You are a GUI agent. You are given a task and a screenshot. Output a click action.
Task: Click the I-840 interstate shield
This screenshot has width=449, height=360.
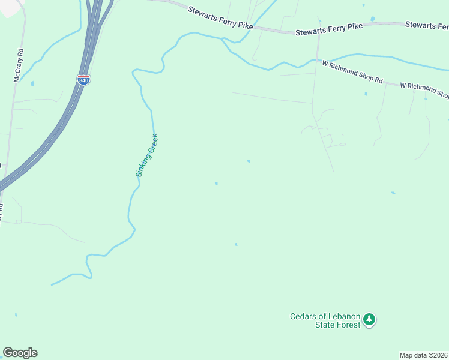[84, 79]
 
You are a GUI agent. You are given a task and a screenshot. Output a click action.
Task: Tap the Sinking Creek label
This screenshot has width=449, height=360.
[146, 155]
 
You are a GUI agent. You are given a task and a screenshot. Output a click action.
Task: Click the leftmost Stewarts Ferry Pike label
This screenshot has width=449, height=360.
[220, 18]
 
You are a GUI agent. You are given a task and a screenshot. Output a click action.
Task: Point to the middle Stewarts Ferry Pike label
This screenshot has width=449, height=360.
[330, 28]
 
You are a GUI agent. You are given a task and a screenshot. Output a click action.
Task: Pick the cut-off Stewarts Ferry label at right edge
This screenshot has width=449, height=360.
[427, 25]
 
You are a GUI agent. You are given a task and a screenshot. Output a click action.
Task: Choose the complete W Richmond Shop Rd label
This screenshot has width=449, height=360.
[352, 71]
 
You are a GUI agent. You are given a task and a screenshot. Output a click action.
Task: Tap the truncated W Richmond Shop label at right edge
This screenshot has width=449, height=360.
[424, 90]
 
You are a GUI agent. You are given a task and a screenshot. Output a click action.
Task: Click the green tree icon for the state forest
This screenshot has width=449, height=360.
[370, 320]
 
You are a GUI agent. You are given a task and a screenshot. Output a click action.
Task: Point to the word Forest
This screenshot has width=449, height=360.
[348, 325]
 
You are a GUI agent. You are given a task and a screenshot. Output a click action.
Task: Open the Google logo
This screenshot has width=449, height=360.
[20, 353]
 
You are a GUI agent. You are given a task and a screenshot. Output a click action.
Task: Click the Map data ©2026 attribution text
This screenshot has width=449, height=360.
[424, 355]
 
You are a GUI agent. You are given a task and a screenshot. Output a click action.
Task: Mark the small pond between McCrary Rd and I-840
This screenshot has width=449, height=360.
[32, 83]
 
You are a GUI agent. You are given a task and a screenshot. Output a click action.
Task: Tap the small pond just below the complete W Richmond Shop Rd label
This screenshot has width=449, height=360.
[366, 94]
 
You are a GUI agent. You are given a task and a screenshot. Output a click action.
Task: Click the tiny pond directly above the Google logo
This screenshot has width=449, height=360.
[16, 314]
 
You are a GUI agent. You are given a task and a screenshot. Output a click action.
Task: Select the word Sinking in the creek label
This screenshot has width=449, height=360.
[140, 167]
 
